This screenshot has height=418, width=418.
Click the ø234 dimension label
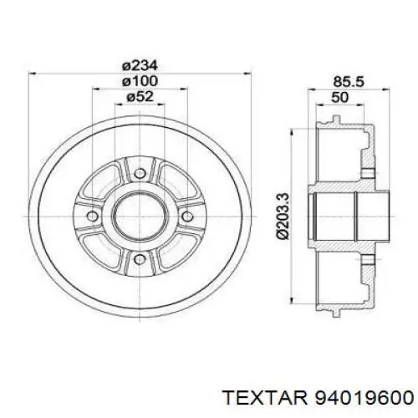click(x=140, y=66)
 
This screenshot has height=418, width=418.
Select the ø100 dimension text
click(x=140, y=81)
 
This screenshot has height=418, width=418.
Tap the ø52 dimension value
click(x=140, y=96)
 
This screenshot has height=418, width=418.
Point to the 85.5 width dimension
click(x=349, y=82)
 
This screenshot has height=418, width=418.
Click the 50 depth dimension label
click(x=339, y=97)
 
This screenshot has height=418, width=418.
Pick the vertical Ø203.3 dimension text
click(x=283, y=216)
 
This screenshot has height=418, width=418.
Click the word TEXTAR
click(x=266, y=397)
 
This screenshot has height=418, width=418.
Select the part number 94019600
click(x=363, y=397)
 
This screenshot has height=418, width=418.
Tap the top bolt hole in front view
click(x=140, y=173)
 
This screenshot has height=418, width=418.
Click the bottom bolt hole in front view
click(x=140, y=259)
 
